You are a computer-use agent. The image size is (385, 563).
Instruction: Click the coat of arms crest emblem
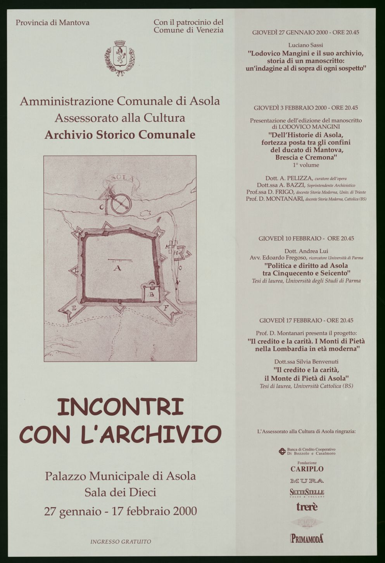(120, 57)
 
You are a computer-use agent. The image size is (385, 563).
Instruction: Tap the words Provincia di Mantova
(52, 22)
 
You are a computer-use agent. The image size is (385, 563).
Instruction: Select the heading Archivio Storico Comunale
(120, 134)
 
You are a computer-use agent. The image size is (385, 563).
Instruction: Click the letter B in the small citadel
(152, 294)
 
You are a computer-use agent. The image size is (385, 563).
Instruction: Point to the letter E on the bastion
(74, 309)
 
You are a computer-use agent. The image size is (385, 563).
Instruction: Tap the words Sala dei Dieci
(120, 492)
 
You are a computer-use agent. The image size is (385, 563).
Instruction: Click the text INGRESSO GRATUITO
(121, 542)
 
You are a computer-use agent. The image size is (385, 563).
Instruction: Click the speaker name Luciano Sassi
(306, 45)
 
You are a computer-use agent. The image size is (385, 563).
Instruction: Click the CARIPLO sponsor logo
(307, 469)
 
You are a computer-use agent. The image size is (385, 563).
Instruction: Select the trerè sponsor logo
(307, 506)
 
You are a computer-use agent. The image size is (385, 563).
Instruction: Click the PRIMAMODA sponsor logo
(307, 538)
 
